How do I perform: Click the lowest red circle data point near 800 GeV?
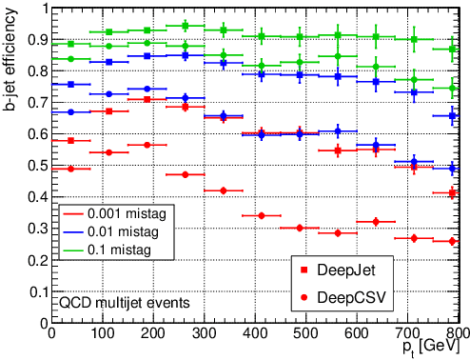(452, 241)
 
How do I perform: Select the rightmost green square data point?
(452, 49)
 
